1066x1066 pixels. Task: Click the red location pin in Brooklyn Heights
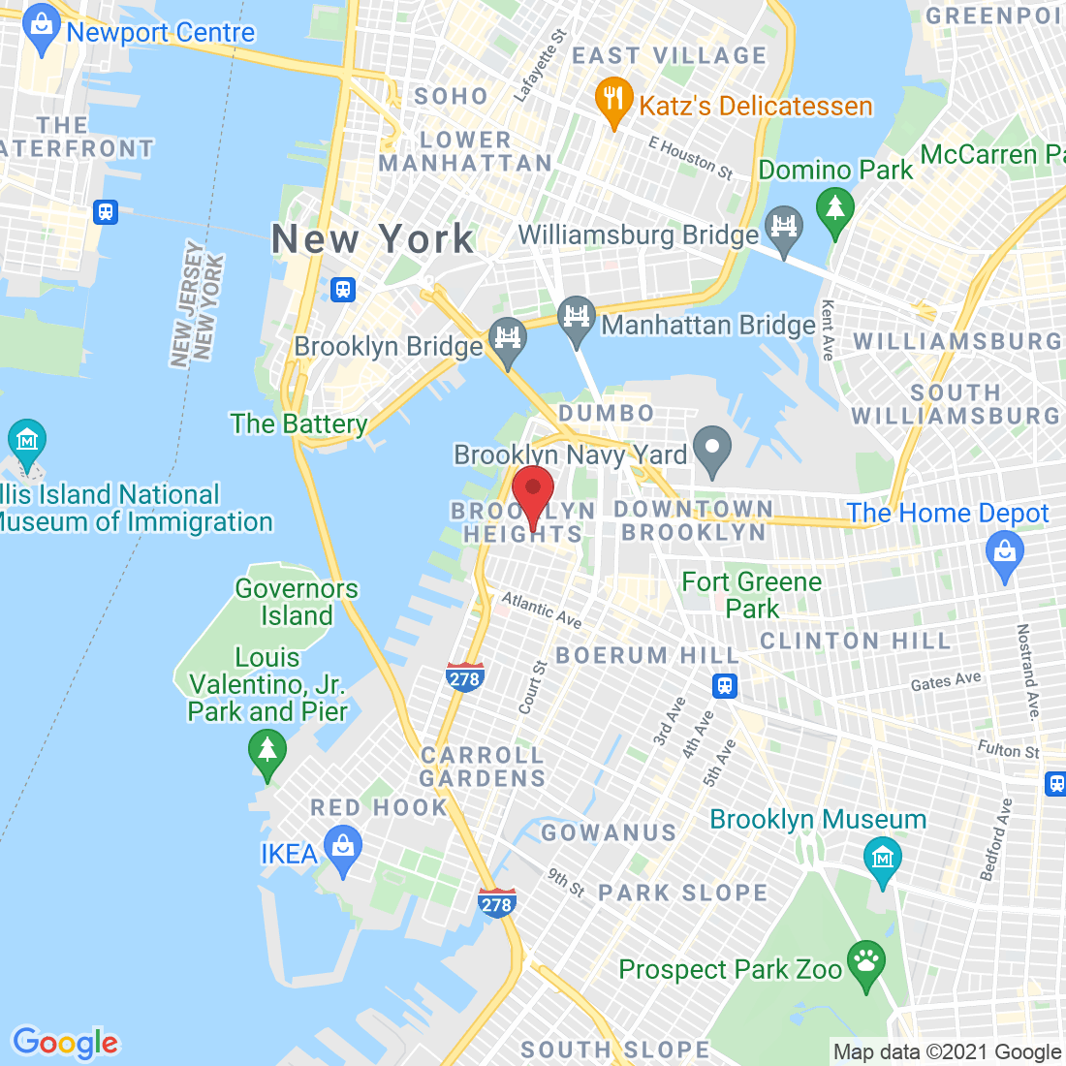coord(532,489)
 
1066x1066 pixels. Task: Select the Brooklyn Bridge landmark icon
coord(507,339)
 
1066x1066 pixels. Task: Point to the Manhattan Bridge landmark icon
coord(576,319)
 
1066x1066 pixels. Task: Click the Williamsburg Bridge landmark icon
coord(783,228)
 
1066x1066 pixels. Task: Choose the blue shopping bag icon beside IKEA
coord(342,848)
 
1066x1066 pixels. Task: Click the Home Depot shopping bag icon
coord(1004,554)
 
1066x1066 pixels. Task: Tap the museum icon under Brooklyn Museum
coord(883,859)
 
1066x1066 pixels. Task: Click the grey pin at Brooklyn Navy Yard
coord(712,449)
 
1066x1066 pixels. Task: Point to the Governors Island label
coord(297,602)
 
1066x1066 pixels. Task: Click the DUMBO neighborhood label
coord(607,413)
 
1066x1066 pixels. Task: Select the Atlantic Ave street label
coord(541,611)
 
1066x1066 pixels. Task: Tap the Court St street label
coord(532,687)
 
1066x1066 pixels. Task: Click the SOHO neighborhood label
coord(451,96)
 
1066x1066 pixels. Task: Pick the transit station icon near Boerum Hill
coord(724,686)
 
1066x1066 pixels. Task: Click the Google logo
coord(65,1043)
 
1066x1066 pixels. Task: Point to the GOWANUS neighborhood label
coord(609,832)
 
